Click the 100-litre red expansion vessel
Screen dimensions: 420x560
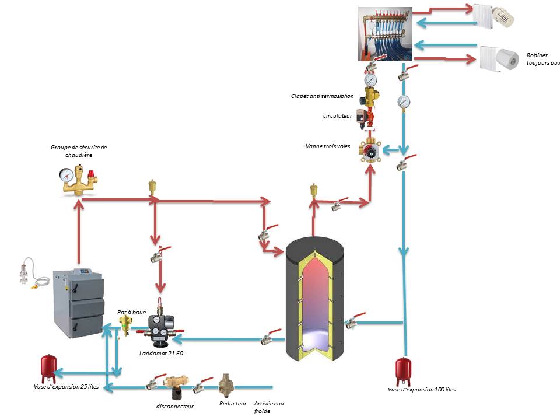(402, 369)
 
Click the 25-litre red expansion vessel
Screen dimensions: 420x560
(48, 365)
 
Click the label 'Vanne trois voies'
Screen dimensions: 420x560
(328, 146)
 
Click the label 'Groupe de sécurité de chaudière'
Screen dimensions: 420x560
(79, 151)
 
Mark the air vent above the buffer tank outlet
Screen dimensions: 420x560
(314, 192)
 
